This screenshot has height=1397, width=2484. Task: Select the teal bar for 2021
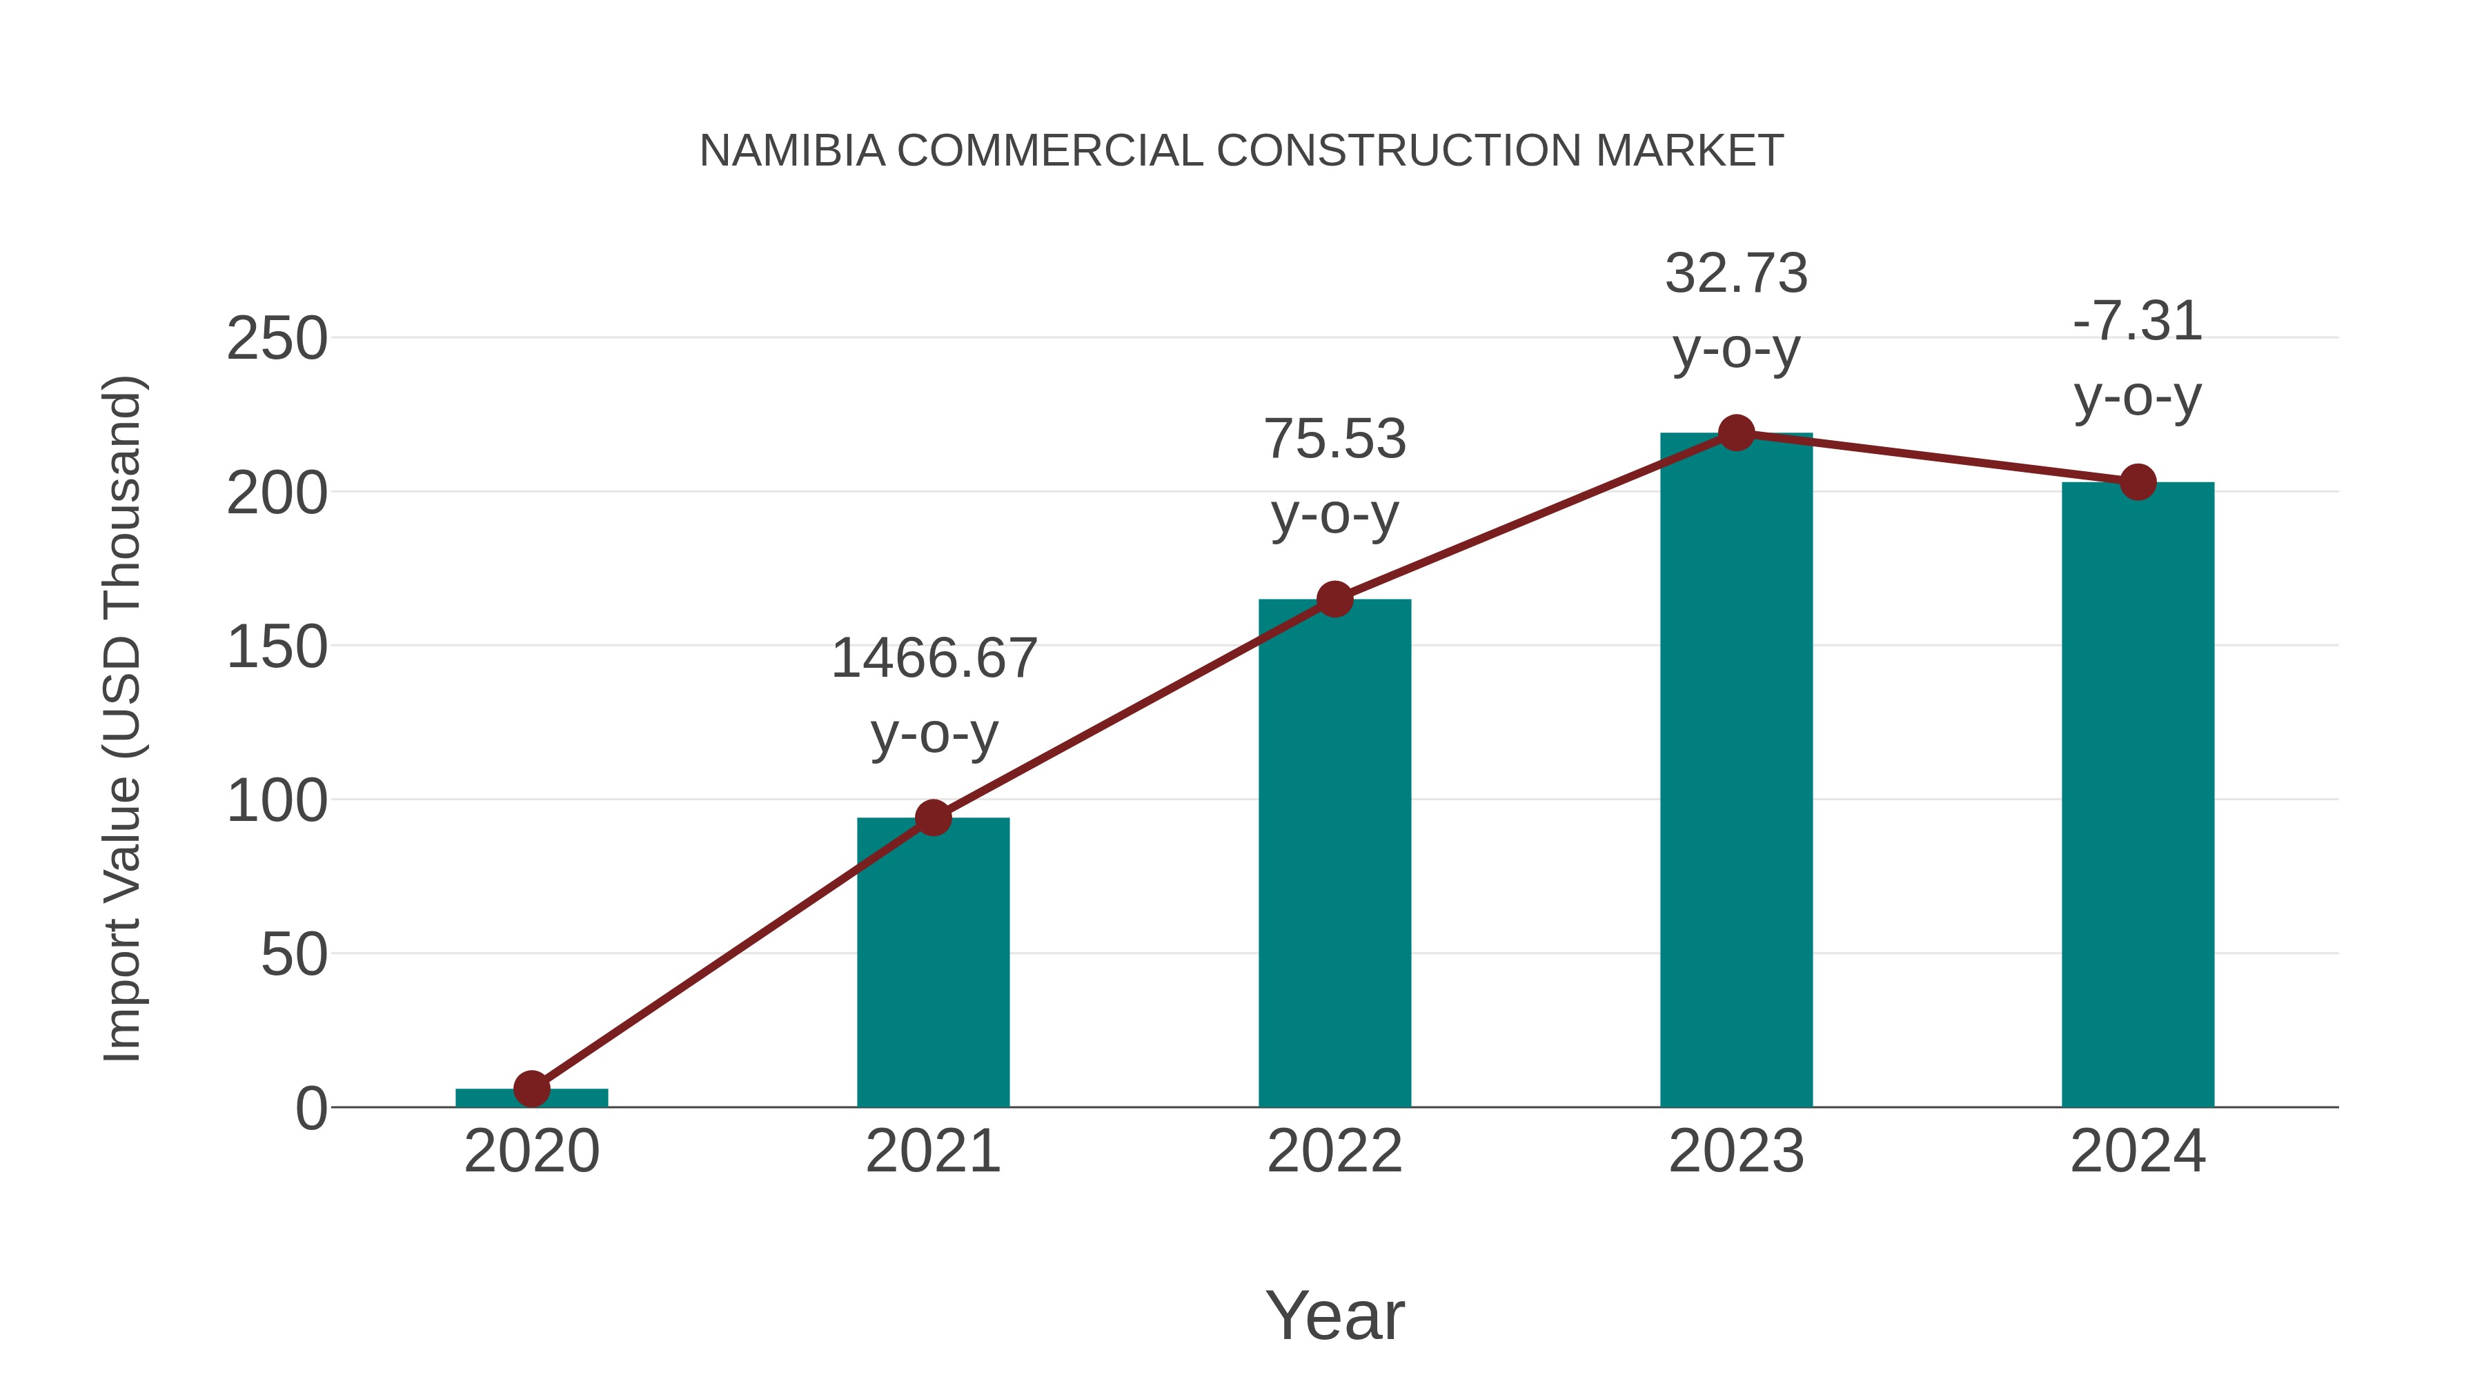pyautogui.click(x=932, y=964)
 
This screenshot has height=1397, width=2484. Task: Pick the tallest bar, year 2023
pyautogui.click(x=1736, y=771)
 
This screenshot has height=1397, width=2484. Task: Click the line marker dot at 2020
pyautogui.click(x=531, y=1089)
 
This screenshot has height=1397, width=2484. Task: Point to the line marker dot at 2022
pyautogui.click(x=1334, y=600)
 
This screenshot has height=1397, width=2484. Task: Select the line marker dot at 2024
pyautogui.click(x=2138, y=482)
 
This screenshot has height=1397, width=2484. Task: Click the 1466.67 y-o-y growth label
pyautogui.click(x=934, y=659)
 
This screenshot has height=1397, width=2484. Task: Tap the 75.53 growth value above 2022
pyautogui.click(x=1334, y=439)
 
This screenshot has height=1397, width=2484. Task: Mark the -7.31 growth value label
pyautogui.click(x=2138, y=321)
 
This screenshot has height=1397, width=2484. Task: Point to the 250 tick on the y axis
pyautogui.click(x=277, y=339)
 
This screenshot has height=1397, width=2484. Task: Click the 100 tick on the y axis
pyautogui.click(x=277, y=800)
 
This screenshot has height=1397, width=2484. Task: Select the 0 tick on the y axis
pyautogui.click(x=311, y=1108)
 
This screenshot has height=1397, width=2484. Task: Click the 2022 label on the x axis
pyautogui.click(x=1334, y=1151)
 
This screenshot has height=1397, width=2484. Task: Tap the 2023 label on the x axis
pyautogui.click(x=1736, y=1151)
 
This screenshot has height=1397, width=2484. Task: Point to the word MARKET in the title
pyautogui.click(x=1688, y=151)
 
